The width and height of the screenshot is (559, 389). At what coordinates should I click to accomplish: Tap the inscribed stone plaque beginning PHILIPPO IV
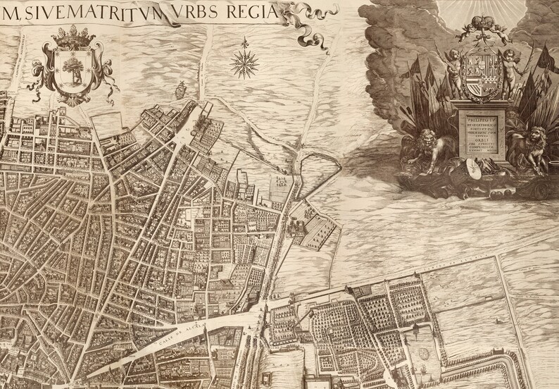[483, 135]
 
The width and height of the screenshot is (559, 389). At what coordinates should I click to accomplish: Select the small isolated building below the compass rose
[180, 89]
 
